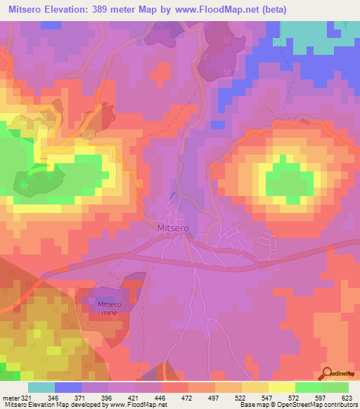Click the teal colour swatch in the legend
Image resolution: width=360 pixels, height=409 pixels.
(41, 387)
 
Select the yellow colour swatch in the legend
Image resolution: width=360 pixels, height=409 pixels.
(281, 387)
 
